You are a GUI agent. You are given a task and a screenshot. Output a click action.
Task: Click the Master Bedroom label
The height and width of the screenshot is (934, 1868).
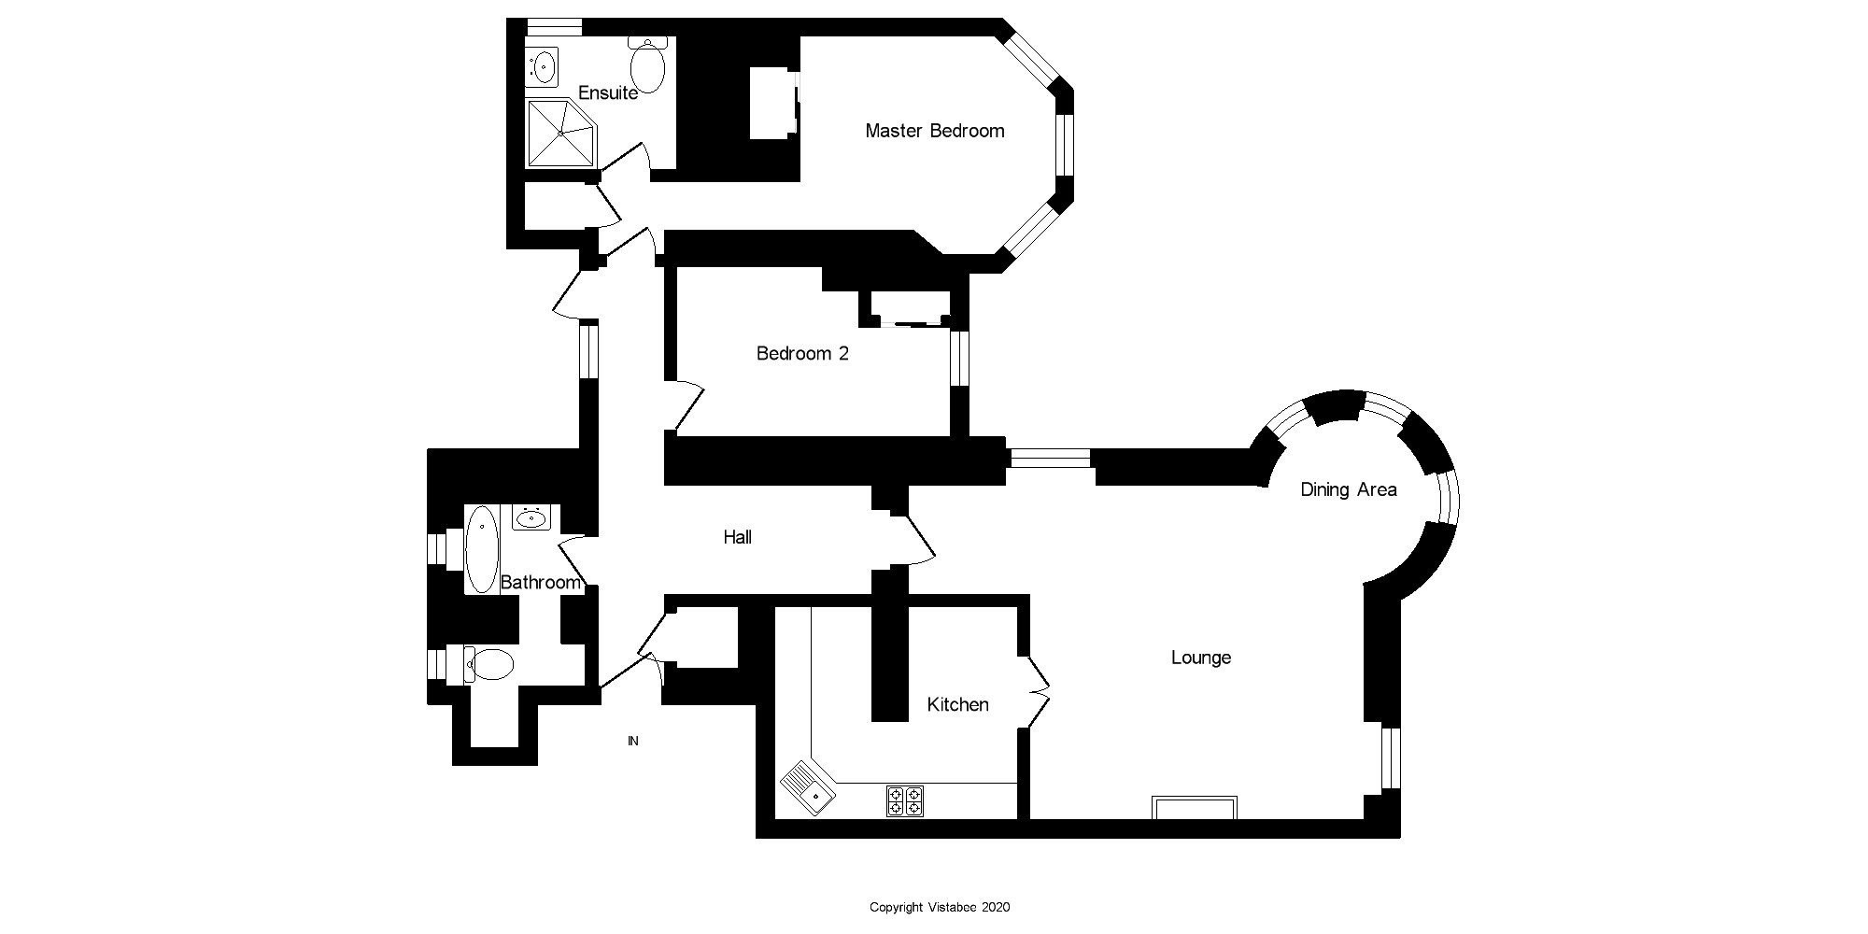[x=934, y=131]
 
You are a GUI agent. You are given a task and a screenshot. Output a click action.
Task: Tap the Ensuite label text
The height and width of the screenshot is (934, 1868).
[x=608, y=92]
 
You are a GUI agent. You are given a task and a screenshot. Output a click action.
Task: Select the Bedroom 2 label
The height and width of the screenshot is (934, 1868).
[x=802, y=353]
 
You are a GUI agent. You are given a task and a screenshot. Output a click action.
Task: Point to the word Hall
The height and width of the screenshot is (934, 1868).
[x=737, y=537]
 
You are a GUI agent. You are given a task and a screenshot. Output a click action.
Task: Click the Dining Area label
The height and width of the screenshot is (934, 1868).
[x=1348, y=489]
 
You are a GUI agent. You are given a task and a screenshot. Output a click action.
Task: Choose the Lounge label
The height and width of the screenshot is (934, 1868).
[x=1200, y=658]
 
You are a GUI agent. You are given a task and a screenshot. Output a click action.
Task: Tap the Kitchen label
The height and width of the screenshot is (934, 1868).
[x=957, y=704]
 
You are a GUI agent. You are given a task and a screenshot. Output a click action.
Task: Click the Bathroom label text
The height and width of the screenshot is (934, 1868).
[x=541, y=583]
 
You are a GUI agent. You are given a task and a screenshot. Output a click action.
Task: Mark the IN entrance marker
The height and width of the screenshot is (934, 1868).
[x=632, y=741]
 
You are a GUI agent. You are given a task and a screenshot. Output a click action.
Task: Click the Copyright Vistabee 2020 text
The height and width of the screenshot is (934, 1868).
[x=939, y=907]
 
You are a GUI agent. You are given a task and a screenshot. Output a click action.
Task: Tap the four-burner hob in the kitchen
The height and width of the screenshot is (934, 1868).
[x=904, y=800]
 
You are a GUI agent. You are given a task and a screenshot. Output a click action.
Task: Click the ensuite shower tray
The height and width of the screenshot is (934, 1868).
[x=560, y=133]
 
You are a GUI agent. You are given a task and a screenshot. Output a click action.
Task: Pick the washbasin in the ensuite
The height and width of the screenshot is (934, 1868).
[x=542, y=66]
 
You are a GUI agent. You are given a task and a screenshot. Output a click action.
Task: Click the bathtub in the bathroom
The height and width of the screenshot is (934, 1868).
[x=482, y=550]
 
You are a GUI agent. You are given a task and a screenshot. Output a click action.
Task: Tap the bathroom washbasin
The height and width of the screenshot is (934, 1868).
[x=532, y=517]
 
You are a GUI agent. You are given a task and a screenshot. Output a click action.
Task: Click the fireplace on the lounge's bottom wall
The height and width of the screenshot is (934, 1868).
[x=1195, y=807]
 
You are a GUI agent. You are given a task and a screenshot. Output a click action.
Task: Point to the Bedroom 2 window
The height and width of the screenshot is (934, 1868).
[x=959, y=358]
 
